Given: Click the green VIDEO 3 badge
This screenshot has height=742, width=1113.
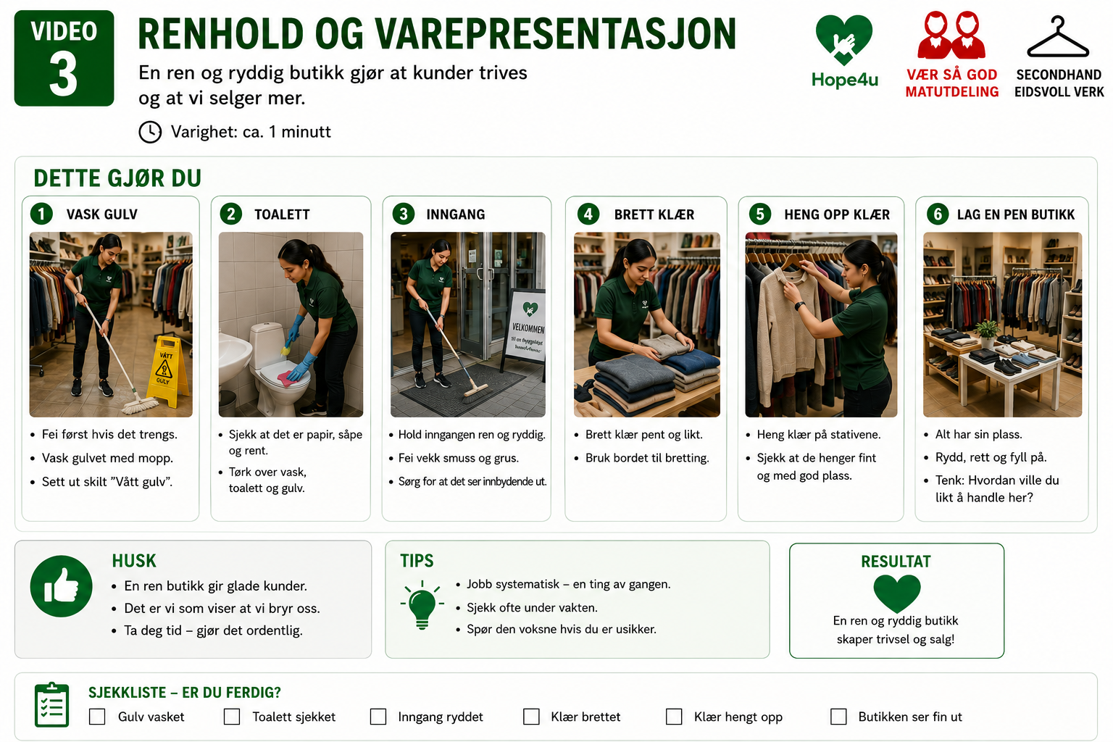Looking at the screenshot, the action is coord(64,58).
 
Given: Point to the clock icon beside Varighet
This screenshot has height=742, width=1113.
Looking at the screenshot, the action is coord(150,132).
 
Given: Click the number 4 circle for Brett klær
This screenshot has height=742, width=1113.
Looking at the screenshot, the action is coord(588,214).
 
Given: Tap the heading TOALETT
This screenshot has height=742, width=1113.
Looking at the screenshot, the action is coord(282,214).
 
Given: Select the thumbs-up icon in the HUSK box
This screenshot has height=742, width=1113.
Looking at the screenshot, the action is coord(61,586).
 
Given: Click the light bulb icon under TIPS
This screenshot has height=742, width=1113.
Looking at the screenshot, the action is coord(422,605).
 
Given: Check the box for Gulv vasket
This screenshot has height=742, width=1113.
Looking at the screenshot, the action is coord(97,717).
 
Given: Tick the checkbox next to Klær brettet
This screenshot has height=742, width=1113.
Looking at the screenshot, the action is coord(531,717).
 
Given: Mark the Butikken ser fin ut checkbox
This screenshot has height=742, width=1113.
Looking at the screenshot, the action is coord(838,717).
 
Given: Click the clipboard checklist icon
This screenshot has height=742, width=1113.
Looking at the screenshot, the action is coord(51,705).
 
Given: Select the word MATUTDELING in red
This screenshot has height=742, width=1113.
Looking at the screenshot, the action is coord(951,92).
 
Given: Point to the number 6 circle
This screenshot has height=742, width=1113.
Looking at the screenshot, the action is coord(938,214).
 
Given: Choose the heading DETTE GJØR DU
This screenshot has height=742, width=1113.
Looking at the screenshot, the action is coord(117,178).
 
